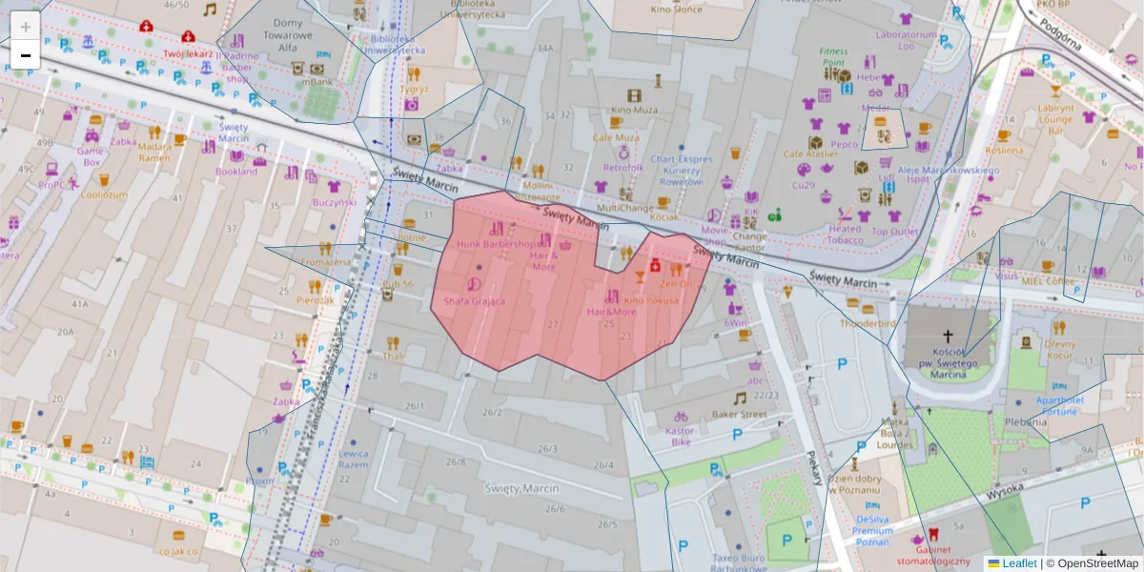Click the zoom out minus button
click(x=26, y=55)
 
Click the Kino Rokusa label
click(x=651, y=300)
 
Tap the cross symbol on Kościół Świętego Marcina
click(x=948, y=337)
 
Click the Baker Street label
click(x=739, y=415)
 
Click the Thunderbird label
click(x=868, y=323)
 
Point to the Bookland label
click(x=236, y=172)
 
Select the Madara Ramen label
click(x=154, y=152)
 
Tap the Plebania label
click(x=1025, y=421)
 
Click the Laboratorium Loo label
click(x=907, y=40)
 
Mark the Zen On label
click(x=675, y=284)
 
